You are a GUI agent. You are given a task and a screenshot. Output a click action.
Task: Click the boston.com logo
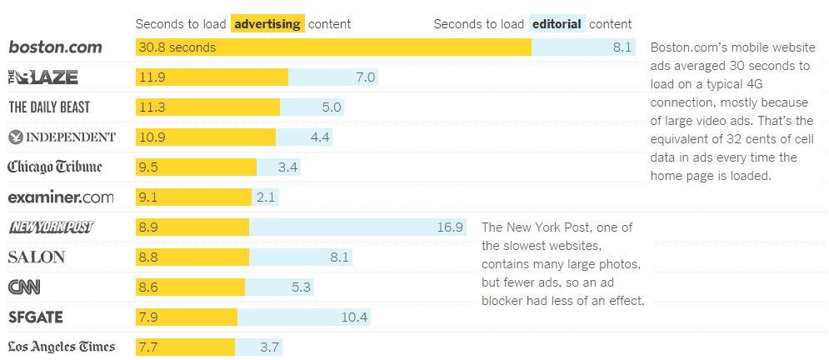pyautogui.click(x=55, y=47)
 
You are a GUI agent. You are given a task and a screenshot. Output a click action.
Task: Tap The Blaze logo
pyautogui.click(x=43, y=77)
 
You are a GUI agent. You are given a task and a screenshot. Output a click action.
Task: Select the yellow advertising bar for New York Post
pyautogui.click(x=192, y=227)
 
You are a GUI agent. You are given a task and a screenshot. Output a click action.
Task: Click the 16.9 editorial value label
pyautogui.click(x=450, y=227)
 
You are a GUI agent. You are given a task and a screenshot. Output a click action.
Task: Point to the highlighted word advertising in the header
pyautogui.click(x=267, y=24)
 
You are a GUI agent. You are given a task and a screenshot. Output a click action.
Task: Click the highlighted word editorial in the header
pyautogui.click(x=557, y=24)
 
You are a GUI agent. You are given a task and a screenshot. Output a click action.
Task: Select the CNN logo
pyautogui.click(x=24, y=287)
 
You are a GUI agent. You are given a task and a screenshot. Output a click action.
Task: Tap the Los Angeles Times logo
pyautogui.click(x=62, y=347)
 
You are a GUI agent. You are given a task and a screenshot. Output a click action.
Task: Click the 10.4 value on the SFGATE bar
pyautogui.click(x=354, y=317)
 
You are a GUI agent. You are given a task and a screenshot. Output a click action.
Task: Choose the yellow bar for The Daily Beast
pyautogui.click(x=208, y=107)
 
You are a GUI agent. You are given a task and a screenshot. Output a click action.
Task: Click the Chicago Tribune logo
pyautogui.click(x=55, y=167)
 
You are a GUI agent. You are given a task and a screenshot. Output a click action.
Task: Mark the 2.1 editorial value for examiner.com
pyautogui.click(x=267, y=197)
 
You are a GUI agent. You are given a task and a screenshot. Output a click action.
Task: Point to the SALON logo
pyautogui.click(x=36, y=257)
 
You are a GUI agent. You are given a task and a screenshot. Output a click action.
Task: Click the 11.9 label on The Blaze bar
pyautogui.click(x=153, y=77)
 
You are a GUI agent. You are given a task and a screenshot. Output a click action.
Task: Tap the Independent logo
pyautogui.click(x=62, y=137)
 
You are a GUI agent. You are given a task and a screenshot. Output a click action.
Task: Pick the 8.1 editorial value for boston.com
pyautogui.click(x=622, y=47)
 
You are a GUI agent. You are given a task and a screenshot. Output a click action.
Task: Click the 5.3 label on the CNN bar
pyautogui.click(x=301, y=287)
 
